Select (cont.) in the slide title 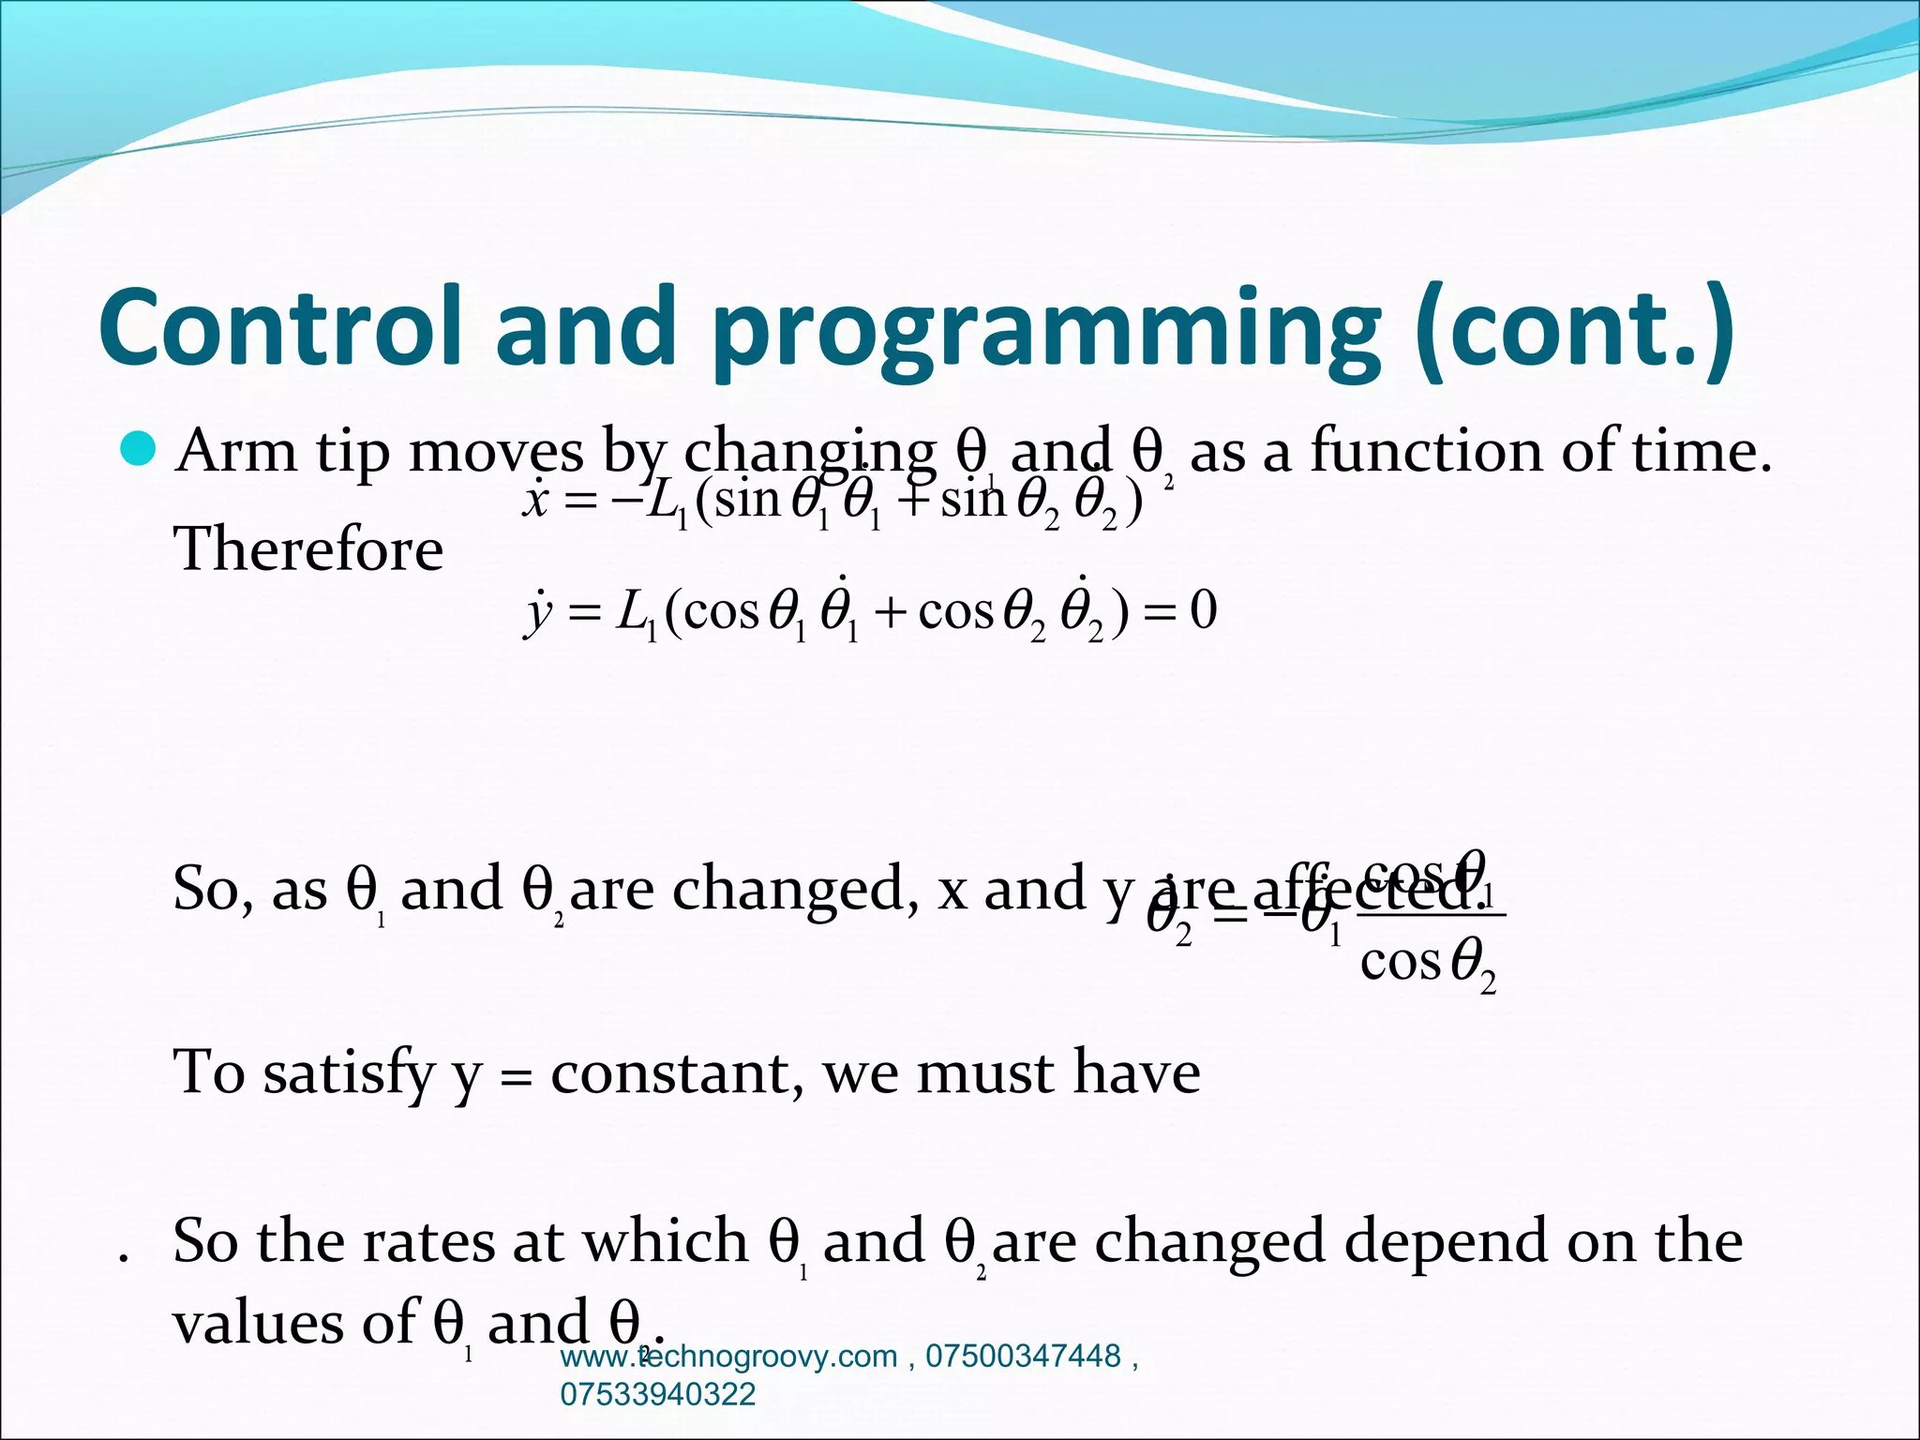point(1575,328)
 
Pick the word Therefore point(308,549)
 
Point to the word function point(1425,451)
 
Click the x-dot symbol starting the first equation point(535,499)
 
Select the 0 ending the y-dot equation point(1203,611)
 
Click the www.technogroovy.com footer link point(728,1357)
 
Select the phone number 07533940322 point(657,1394)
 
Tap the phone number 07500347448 point(1023,1357)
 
